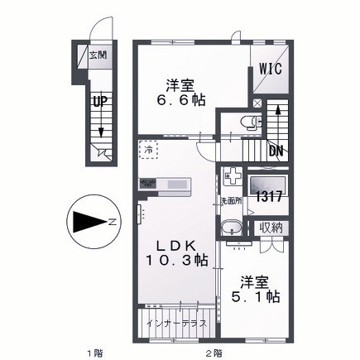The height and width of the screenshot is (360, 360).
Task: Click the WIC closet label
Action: coord(272,70)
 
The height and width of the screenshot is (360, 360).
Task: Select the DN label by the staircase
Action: coord(277,150)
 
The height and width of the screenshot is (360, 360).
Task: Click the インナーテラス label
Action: coord(175,324)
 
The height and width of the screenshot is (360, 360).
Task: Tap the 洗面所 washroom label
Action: coord(230,201)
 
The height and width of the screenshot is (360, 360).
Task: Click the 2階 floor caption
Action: coord(213,353)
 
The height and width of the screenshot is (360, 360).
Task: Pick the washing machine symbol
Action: coord(233,177)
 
